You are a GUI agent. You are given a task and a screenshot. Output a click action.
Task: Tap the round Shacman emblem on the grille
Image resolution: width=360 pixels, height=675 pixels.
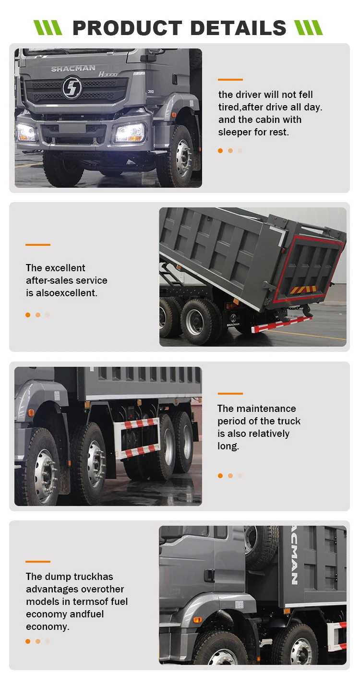[72, 88]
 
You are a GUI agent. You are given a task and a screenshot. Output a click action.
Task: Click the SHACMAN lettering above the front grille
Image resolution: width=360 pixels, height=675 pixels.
[73, 69]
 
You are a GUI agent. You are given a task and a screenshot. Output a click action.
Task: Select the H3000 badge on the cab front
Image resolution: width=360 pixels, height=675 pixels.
[108, 74]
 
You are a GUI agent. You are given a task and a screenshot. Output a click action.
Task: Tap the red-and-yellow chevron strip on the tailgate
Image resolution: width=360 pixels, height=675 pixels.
[303, 289]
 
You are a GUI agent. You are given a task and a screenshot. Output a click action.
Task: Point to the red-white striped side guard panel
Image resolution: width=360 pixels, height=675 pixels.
[140, 437]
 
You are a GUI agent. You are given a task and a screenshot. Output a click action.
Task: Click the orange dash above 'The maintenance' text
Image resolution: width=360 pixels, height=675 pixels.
[230, 394]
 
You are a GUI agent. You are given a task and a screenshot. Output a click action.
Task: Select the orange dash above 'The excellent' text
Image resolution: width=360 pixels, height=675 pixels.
[38, 245]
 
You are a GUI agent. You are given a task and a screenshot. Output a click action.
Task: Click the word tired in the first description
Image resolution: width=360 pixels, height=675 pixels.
[228, 107]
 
